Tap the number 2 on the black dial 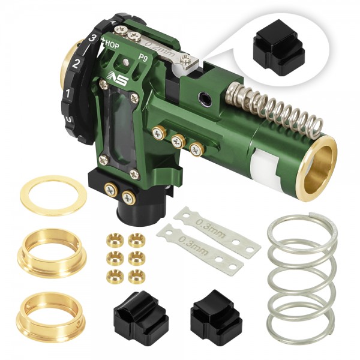(77, 63)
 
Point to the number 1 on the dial (69, 93)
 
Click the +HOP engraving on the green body (110, 44)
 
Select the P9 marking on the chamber (143, 58)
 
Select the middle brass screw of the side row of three (177, 141)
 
